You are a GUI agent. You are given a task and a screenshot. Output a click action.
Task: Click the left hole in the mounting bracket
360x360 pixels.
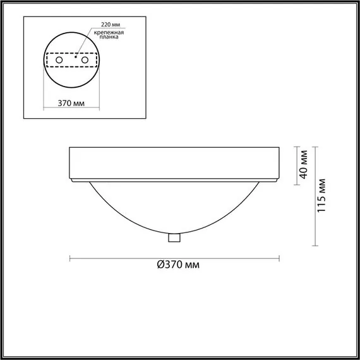tap(60, 60)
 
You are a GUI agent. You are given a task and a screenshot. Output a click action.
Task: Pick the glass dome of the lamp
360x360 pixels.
tap(174, 208)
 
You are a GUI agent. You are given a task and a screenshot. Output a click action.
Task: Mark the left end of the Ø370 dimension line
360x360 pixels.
tap(69, 258)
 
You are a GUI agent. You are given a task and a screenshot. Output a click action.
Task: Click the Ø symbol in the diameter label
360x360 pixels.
tap(160, 266)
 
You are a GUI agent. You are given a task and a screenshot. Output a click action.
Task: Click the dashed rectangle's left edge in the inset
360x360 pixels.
tap(48, 60)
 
